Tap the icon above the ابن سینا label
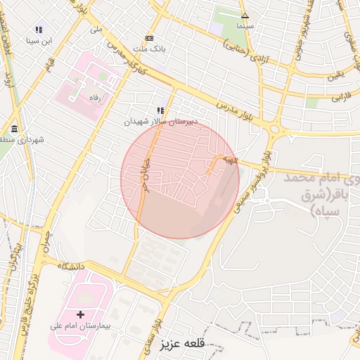point(39,30)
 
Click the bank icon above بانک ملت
point(149,38)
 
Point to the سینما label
point(245,25)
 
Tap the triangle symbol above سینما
point(245,15)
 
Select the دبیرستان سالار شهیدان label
point(162,122)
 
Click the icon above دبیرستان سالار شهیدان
point(161,110)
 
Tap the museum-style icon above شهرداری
point(15,128)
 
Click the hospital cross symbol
point(80,314)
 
